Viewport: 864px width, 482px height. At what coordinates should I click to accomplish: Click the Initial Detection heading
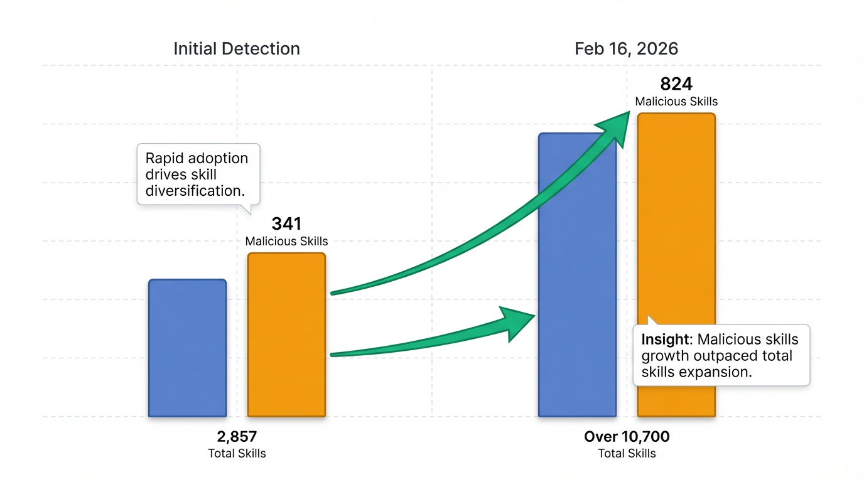[x=237, y=49]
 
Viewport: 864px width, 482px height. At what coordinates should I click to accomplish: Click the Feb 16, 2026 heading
[x=627, y=49]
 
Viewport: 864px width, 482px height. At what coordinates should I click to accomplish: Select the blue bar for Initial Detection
[x=187, y=348]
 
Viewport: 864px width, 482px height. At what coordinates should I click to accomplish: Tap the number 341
[x=286, y=223]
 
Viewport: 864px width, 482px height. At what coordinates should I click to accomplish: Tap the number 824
[x=676, y=84]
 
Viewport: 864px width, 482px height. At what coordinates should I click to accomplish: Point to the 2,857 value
[x=237, y=437]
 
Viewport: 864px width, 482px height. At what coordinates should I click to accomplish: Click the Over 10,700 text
[x=627, y=437]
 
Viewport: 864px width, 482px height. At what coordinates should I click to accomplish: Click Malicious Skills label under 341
[x=286, y=241]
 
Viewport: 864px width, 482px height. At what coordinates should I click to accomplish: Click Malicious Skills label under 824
[x=676, y=101]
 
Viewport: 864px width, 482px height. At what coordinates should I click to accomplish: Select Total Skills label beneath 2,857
[x=237, y=453]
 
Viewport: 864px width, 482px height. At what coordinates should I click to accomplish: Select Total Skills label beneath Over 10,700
[x=627, y=453]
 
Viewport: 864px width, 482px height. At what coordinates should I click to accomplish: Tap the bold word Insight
[x=665, y=340]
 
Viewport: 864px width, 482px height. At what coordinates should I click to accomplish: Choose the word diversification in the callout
[x=194, y=190]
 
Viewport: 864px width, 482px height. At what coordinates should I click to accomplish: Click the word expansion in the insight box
[x=719, y=372]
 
